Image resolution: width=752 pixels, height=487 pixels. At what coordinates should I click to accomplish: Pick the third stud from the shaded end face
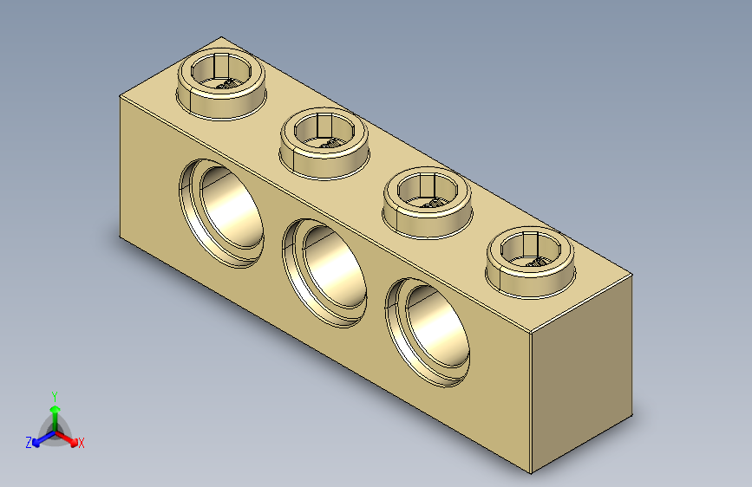324,140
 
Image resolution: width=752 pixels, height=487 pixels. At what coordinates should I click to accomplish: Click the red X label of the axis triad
82,444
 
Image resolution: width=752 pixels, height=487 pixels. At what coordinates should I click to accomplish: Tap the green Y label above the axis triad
54,395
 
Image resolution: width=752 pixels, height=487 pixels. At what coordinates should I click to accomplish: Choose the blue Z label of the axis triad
29,443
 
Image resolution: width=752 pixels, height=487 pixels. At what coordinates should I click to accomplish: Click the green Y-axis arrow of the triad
54,412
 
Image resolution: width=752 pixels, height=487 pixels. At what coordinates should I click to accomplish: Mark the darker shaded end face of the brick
581,373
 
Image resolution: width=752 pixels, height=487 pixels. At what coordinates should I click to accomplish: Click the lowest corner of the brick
530,473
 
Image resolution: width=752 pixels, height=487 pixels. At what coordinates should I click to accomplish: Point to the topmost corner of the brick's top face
222,37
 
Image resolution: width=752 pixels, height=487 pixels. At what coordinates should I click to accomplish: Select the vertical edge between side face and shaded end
530,403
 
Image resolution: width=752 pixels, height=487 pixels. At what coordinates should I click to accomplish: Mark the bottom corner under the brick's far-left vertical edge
119,235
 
